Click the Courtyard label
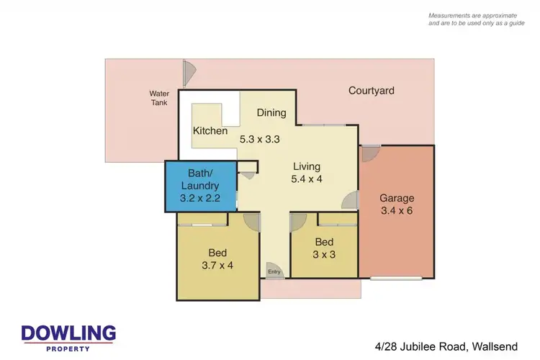click(371, 91)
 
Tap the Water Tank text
click(158, 98)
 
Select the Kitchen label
click(210, 131)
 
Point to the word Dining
click(271, 112)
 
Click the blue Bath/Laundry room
click(201, 186)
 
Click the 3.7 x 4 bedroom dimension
click(217, 266)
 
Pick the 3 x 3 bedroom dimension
click(324, 255)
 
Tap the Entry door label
click(274, 271)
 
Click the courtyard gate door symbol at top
click(189, 71)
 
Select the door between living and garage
click(351, 201)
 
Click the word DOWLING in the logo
click(68, 333)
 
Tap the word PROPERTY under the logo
click(68, 348)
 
